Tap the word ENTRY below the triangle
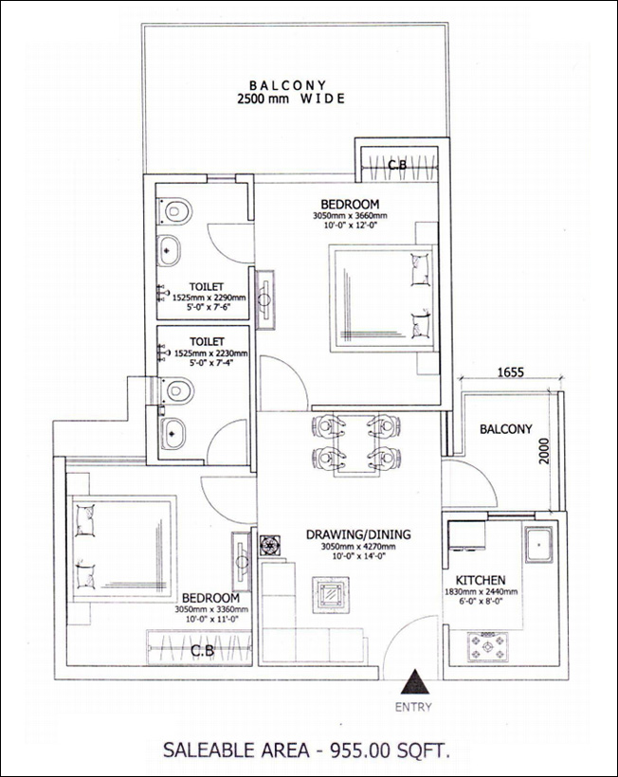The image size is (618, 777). (413, 707)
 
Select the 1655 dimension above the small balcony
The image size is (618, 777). (511, 371)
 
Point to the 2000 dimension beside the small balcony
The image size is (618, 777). (545, 450)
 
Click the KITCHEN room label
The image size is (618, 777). (481, 580)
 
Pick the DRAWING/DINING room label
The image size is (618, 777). (358, 534)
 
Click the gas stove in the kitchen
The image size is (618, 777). (487, 646)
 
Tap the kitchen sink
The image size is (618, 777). (538, 545)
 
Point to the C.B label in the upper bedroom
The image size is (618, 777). (397, 165)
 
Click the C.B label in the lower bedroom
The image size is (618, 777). (203, 651)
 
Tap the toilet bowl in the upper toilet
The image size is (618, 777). (174, 211)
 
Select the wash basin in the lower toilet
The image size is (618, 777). (172, 434)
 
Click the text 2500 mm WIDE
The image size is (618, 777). (291, 99)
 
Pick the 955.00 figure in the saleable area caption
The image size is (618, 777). (354, 750)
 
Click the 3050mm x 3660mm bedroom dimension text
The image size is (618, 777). (350, 216)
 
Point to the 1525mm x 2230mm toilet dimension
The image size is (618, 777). (210, 353)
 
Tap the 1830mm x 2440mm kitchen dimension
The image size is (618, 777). (481, 591)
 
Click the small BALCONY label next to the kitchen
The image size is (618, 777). (505, 429)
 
